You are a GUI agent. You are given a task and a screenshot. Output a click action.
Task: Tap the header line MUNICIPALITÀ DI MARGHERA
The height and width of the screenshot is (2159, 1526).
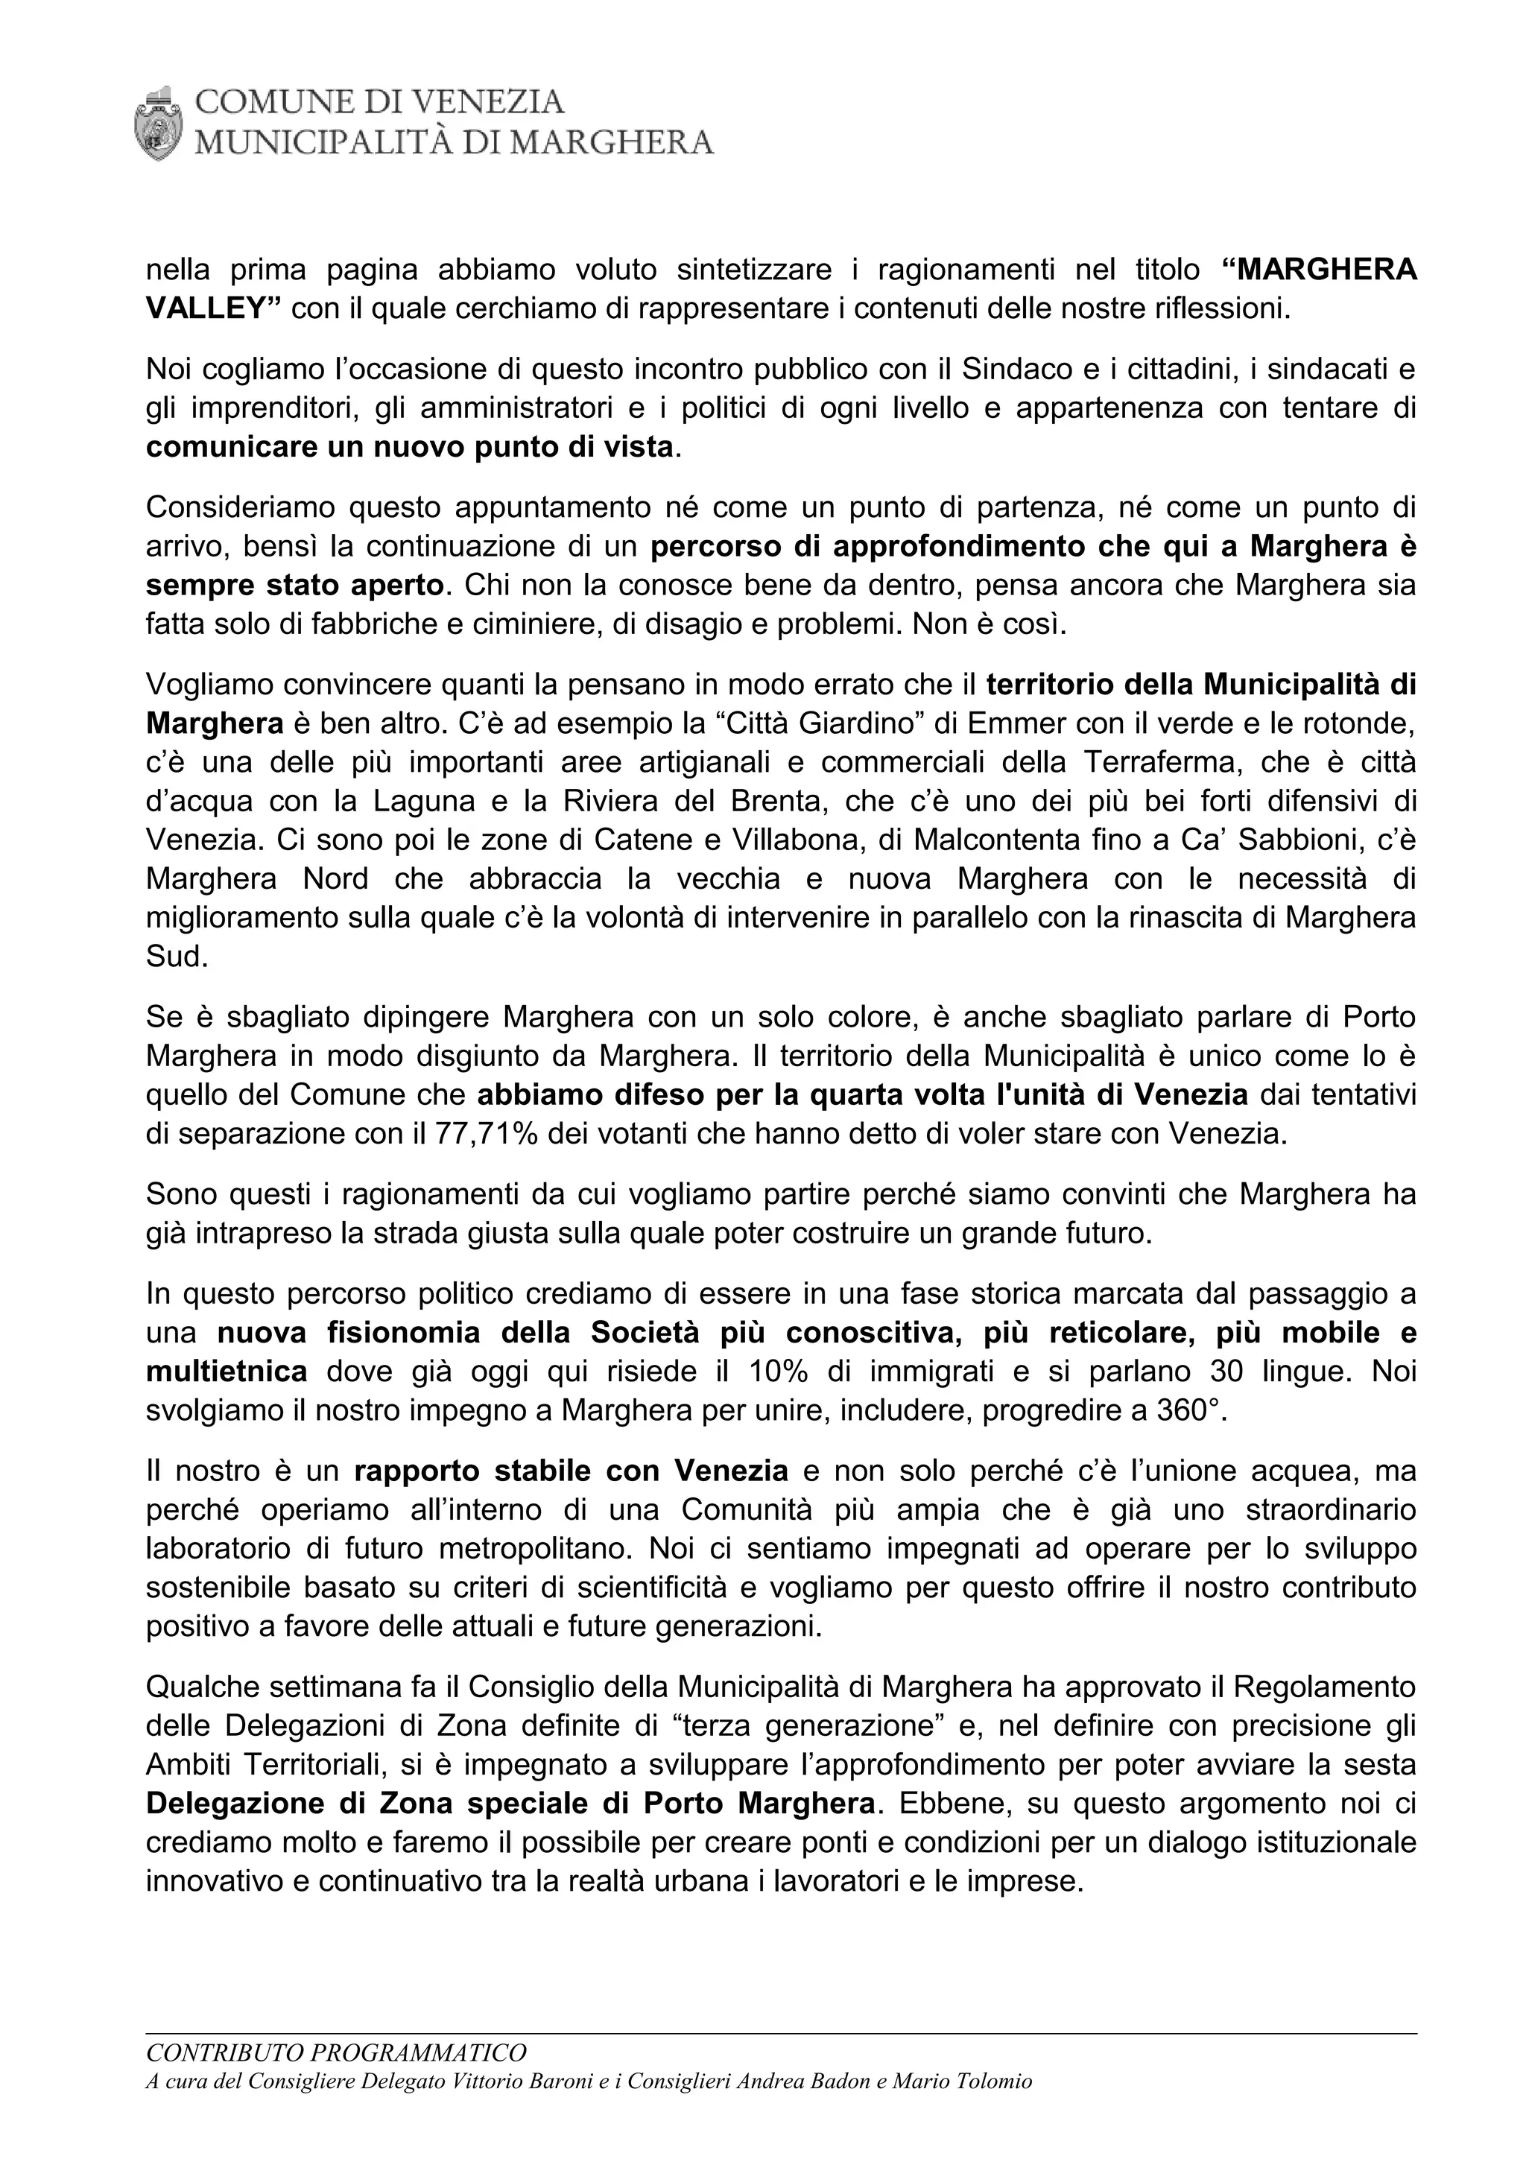point(453,143)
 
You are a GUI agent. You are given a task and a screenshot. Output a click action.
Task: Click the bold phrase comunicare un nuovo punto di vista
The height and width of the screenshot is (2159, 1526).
point(410,448)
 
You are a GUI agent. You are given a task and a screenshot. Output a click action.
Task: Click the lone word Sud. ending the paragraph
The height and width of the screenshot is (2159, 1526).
point(177,957)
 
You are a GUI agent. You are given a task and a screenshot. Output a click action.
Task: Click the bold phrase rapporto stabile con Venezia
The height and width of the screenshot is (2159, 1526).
point(572,1471)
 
